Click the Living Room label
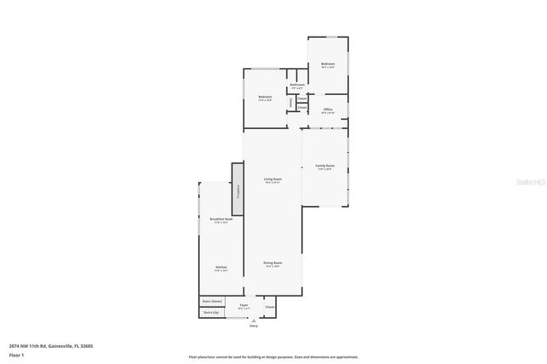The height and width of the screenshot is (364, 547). [273, 179]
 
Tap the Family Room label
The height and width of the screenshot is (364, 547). [325, 166]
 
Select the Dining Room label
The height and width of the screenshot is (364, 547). [273, 263]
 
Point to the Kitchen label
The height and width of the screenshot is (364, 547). [221, 267]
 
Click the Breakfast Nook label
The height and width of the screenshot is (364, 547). [221, 220]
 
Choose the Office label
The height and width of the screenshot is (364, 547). [327, 109]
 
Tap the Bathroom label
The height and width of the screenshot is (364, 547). [297, 85]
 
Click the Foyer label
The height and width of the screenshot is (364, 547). [244, 305]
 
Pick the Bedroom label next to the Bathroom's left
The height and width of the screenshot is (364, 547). [265, 97]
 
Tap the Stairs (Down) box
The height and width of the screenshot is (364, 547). [212, 301]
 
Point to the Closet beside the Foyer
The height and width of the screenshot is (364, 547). [269, 306]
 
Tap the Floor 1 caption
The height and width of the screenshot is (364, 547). [17, 355]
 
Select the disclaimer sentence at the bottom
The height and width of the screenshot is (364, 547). [273, 356]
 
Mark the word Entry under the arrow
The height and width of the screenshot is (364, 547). [253, 326]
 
